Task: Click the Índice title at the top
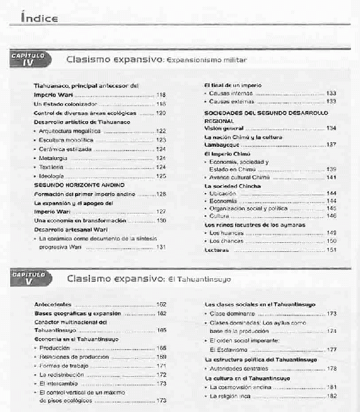click(x=40, y=18)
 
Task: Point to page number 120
click(x=161, y=113)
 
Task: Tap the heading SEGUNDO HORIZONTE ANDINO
click(x=71, y=185)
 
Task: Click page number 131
click(x=161, y=247)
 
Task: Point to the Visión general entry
click(x=224, y=128)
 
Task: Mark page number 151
click(x=331, y=249)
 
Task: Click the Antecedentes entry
click(x=53, y=305)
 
